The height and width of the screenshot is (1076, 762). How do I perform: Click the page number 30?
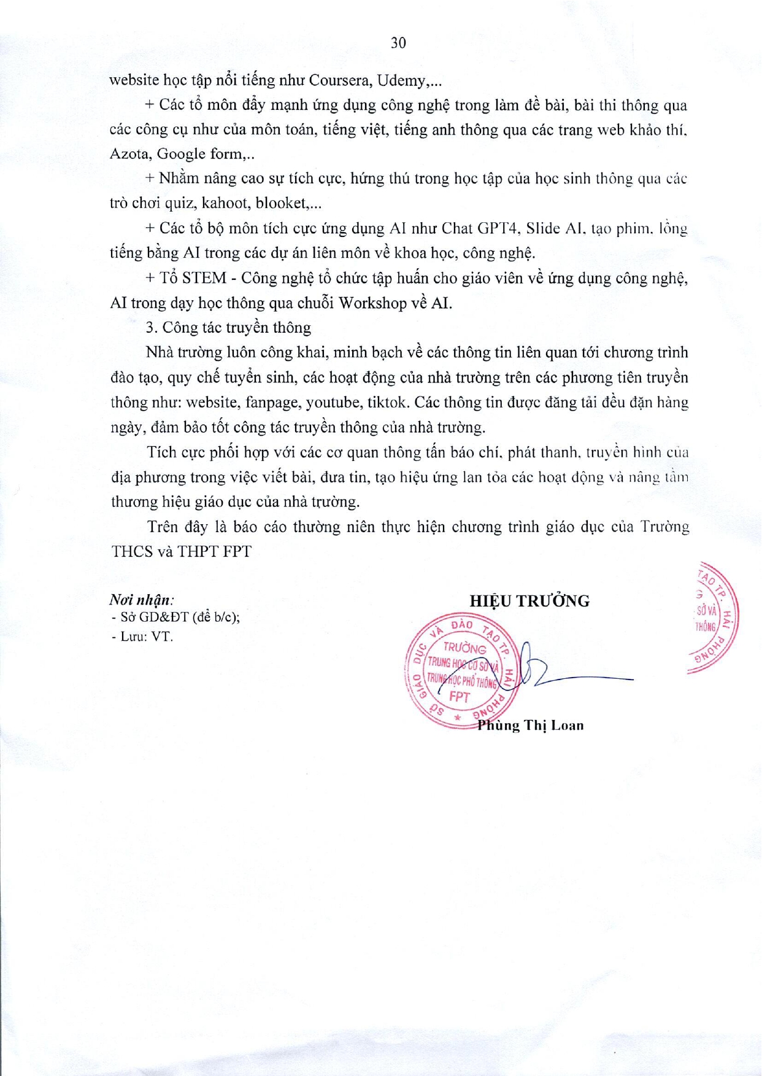[398, 42]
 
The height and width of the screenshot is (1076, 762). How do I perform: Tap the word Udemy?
[401, 80]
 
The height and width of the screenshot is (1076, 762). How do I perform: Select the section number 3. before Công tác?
[152, 328]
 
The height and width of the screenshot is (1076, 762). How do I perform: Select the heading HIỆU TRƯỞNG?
[529, 601]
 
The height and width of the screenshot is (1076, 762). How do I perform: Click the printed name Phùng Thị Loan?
[531, 726]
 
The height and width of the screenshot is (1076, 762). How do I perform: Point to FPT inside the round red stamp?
[460, 697]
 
